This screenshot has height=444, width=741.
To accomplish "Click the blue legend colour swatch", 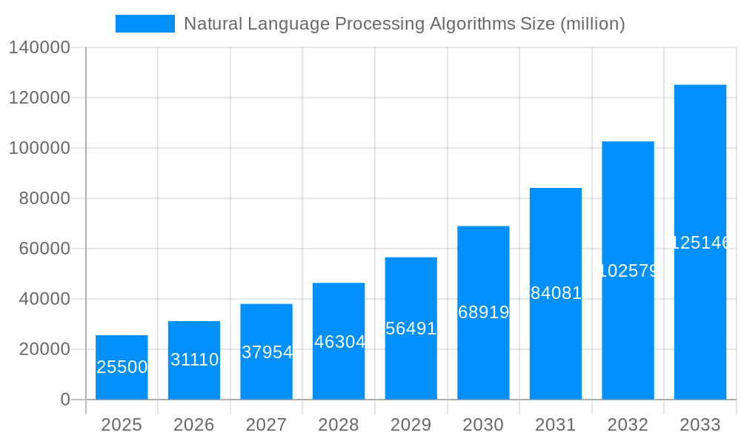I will [145, 24].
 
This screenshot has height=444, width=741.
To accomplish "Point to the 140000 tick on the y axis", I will [39, 48].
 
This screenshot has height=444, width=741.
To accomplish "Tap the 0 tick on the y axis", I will [65, 400].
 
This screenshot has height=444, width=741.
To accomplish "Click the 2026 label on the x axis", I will [194, 425].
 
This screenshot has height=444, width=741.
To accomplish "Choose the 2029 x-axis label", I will [411, 425].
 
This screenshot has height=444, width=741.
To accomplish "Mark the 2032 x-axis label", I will [628, 425].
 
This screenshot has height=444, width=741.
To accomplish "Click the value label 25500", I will [122, 367].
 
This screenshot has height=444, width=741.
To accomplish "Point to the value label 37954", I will [267, 352].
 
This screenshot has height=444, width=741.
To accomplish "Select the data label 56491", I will [411, 329].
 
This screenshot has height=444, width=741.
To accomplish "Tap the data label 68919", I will [483, 312].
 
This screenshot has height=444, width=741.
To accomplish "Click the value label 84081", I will [556, 293].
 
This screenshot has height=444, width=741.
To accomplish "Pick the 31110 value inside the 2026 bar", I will [194, 360].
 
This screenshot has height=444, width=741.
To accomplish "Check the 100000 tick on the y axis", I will [39, 148].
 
